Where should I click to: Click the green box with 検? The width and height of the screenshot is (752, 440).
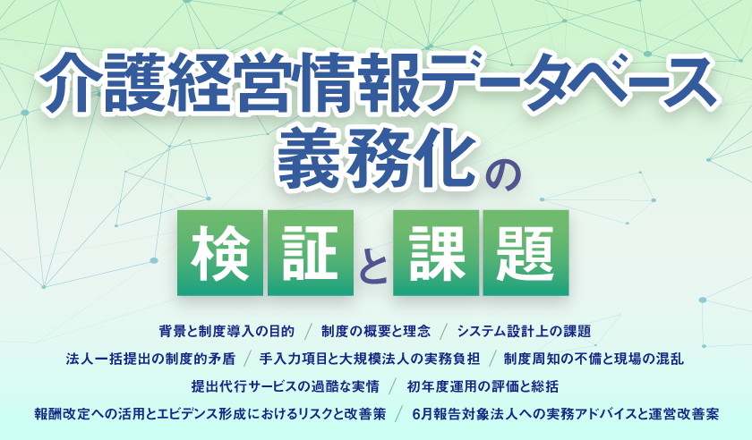220,252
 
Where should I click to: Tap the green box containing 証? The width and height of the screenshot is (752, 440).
311,252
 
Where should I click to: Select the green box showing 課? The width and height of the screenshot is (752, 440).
436,252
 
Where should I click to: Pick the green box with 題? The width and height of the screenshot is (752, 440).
526,252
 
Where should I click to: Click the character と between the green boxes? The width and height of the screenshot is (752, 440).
373,267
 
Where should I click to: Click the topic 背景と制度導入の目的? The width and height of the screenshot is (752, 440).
226,331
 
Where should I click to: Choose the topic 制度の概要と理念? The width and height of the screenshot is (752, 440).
376,331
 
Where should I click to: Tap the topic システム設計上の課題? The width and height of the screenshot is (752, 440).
524,331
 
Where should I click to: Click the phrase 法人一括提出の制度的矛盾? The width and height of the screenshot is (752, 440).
150,359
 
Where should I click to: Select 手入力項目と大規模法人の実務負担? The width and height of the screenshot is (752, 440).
369,359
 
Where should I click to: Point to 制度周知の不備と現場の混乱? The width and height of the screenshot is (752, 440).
594,359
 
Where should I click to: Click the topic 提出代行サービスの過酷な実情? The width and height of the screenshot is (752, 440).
286,385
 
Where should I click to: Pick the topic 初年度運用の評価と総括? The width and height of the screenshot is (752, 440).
483,385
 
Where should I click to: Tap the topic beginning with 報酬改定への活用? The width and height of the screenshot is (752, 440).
210,414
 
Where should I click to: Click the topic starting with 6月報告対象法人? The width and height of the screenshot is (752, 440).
566,414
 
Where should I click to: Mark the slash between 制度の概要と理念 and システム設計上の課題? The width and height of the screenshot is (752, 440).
444,331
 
